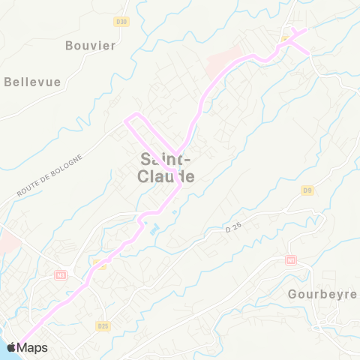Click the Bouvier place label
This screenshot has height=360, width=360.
click(x=90, y=45)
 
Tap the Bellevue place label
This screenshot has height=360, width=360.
click(x=32, y=82)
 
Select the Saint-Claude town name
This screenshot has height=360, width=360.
click(x=167, y=168)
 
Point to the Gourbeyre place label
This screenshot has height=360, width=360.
click(x=322, y=294)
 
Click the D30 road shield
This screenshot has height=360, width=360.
click(x=122, y=22)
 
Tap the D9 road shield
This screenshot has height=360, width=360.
click(x=307, y=190)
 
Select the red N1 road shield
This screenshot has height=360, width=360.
click(x=290, y=259)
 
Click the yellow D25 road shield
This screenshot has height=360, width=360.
click(x=103, y=325)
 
